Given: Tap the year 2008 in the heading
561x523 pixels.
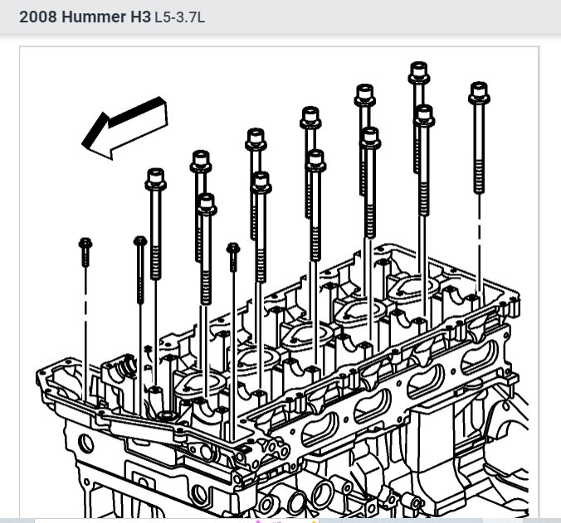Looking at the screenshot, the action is click(37, 17).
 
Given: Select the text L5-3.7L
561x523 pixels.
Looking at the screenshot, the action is click(179, 17).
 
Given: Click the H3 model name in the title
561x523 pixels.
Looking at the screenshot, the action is click(140, 17).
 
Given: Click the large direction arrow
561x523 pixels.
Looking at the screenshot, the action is click(125, 127).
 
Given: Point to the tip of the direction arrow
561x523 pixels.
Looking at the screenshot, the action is click(83, 144).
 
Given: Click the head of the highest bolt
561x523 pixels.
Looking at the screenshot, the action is click(418, 72).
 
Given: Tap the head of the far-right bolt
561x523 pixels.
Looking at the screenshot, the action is click(479, 93).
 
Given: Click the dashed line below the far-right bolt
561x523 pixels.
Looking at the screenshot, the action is click(480, 243).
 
